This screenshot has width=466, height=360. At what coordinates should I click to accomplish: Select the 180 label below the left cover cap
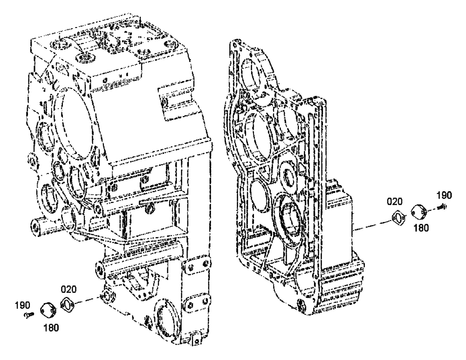click(x=51, y=327)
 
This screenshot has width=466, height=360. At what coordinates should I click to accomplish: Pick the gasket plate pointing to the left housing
click(x=69, y=305)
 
